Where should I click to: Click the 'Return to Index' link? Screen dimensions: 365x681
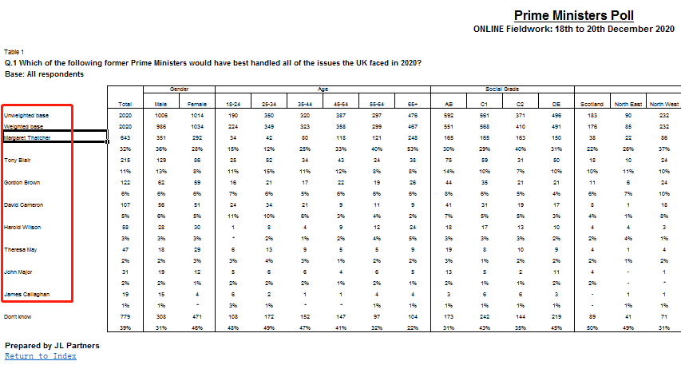tap(41, 356)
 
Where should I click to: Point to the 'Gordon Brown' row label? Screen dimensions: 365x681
tap(22, 182)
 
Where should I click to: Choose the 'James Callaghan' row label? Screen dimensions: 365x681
tap(26, 295)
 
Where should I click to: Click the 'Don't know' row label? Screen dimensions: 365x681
tap(18, 318)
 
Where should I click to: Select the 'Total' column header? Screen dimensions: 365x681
tap(125, 105)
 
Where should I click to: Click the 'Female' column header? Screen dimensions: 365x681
tap(196, 105)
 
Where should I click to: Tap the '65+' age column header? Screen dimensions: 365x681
tap(412, 105)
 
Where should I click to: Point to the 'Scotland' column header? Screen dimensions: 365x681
tap(592, 105)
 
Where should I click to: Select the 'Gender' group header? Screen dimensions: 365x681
tap(179, 89)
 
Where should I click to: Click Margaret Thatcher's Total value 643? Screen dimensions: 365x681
tap(125, 138)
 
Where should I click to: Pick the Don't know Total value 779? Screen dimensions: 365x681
tap(125, 318)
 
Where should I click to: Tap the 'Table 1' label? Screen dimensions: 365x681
tap(14, 51)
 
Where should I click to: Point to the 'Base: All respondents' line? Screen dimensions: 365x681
tap(44, 74)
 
